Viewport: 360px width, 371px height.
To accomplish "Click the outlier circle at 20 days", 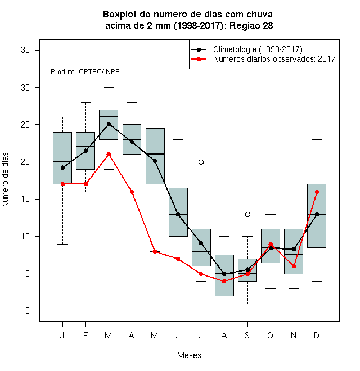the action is click(x=201, y=162).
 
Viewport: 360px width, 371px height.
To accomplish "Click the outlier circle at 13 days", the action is click(x=247, y=214).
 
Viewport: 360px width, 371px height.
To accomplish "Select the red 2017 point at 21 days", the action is click(x=109, y=155).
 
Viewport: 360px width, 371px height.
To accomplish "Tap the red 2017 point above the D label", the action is click(x=317, y=192).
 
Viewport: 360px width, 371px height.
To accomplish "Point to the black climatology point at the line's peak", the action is click(x=109, y=124).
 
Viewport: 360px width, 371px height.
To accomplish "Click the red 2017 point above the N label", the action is click(x=294, y=266).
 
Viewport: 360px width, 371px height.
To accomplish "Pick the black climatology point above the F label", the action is click(x=85, y=151).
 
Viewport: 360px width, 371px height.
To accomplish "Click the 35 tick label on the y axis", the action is click(x=25, y=50).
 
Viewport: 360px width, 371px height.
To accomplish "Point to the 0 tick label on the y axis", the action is click(x=28, y=311).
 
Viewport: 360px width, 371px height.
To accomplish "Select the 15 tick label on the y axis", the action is click(x=25, y=199).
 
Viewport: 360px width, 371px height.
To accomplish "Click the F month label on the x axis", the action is click(x=85, y=335).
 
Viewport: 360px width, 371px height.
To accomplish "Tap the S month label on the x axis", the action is click(x=247, y=335).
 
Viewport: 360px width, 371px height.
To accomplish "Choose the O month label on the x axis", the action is click(x=270, y=335).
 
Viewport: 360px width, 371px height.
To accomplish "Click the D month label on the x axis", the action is click(x=317, y=335).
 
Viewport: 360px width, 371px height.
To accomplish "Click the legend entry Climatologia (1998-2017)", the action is click(x=258, y=49).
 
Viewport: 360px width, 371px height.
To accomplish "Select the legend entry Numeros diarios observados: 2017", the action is click(x=274, y=59).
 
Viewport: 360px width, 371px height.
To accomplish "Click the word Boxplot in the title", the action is click(x=120, y=15).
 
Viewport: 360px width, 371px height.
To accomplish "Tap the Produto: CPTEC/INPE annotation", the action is click(x=85, y=72).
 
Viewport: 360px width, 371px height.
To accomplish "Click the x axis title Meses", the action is click(x=189, y=355).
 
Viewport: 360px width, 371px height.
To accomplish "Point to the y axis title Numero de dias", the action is click(x=5, y=180).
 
